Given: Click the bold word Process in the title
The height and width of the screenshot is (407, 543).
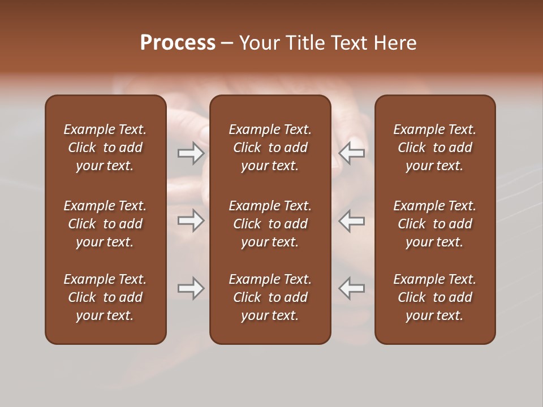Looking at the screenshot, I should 178,43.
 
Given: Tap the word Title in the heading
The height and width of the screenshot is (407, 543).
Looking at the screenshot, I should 304,43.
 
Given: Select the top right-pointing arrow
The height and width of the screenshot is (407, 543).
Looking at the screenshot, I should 191,153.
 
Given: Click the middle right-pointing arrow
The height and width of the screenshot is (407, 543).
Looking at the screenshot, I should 191,220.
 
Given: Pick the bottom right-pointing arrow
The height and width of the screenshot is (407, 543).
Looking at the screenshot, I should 191,288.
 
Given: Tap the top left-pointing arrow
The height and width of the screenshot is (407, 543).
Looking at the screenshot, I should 352,153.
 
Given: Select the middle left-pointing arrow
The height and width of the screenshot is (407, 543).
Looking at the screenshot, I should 352,220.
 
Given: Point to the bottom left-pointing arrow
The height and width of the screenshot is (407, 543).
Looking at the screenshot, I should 352,288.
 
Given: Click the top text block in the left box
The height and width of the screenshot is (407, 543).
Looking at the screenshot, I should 105,148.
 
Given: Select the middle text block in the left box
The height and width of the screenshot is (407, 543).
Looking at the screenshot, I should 105,224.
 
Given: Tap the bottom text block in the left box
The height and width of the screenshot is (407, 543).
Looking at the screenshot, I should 105,297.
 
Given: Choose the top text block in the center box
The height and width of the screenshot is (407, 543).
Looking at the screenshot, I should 270,148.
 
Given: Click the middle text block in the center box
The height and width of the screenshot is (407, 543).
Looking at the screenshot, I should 270,224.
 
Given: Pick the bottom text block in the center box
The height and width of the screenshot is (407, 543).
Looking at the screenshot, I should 270,297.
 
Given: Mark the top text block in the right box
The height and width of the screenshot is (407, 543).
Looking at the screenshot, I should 435,148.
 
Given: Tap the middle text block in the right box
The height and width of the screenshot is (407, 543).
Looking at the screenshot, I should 435,224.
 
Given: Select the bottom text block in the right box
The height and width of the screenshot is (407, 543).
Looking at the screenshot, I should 435,297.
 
